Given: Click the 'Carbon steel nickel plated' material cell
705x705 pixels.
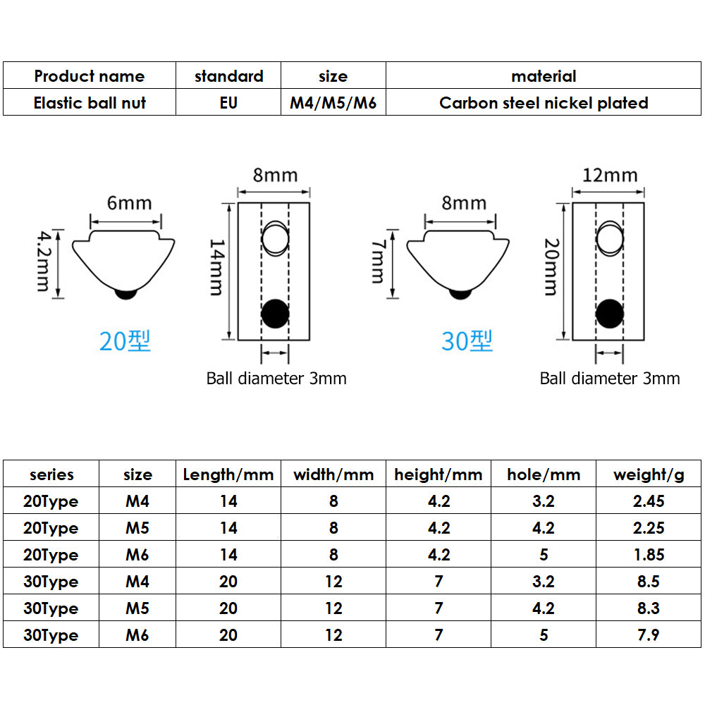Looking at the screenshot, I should click(544, 103).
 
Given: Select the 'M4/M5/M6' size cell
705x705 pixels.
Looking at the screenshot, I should click(333, 103).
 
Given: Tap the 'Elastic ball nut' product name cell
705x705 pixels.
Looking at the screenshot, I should click(90, 103).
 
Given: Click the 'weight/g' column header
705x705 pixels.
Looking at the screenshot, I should click(649, 474).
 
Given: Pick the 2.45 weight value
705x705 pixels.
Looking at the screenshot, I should click(649, 501).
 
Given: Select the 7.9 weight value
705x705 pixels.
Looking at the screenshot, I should click(649, 635).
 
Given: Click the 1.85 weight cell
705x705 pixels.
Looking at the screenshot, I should click(649, 555).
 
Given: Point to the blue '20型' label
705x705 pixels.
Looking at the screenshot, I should click(125, 341).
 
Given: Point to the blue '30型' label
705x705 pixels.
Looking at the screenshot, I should click(467, 341).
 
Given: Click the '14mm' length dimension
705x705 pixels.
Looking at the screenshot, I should click(218, 268).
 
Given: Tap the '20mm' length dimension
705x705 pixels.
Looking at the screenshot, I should click(552, 268).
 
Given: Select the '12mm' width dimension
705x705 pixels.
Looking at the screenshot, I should click(610, 175).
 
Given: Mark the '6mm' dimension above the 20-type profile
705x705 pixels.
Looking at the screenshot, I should click(129, 203).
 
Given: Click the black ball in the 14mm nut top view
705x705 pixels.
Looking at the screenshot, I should click(275, 314).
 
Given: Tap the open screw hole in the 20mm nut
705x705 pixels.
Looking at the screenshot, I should click(610, 240).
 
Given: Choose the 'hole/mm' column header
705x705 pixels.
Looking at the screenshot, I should click(544, 474).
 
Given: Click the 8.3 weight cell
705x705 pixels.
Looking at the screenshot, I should click(649, 608).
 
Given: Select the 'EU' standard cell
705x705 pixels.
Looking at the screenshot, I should click(228, 103).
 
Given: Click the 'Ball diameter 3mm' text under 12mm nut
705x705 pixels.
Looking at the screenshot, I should click(610, 379).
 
